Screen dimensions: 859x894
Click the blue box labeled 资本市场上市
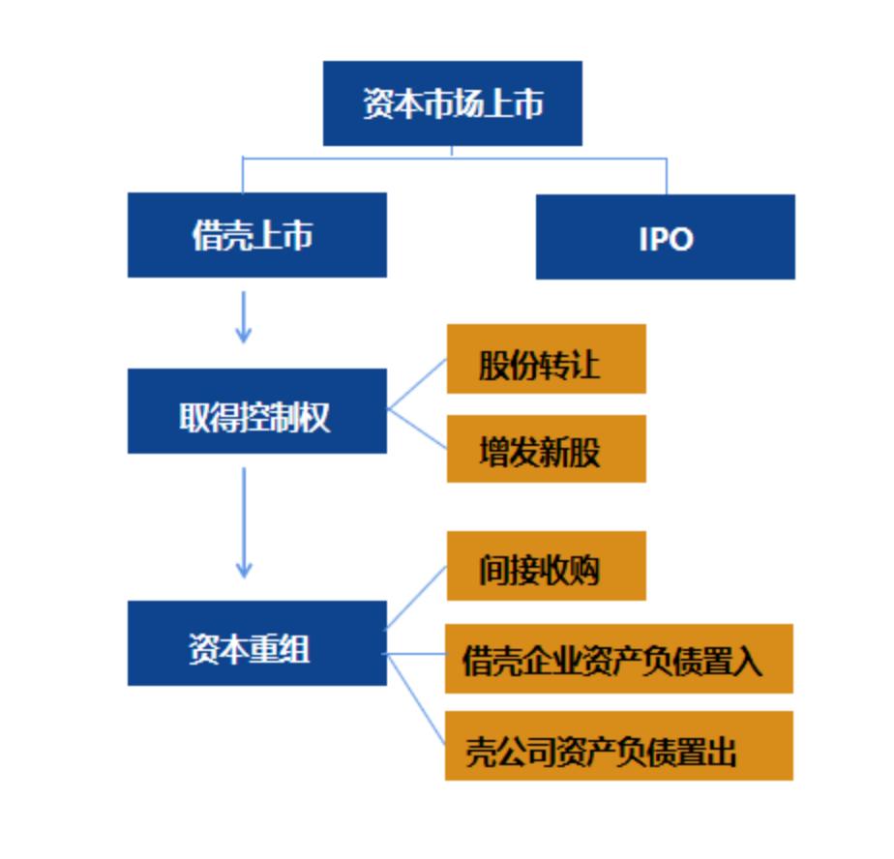point(452,104)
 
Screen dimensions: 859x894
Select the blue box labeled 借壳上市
point(256,235)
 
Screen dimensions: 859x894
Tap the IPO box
point(665,237)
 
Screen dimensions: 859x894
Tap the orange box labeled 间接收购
point(546,566)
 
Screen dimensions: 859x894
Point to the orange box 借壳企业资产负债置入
point(618,659)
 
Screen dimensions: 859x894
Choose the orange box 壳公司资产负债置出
point(618,746)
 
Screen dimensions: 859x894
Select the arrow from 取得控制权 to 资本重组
point(244,522)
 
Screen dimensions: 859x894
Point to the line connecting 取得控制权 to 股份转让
point(417,385)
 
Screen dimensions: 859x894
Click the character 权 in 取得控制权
point(316,417)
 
